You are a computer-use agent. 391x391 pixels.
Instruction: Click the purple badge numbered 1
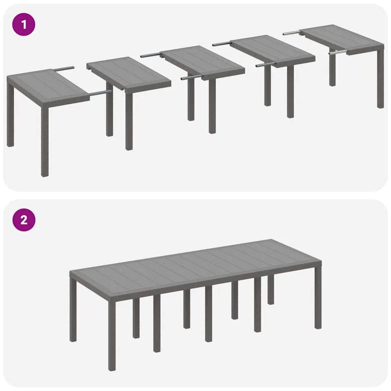24,25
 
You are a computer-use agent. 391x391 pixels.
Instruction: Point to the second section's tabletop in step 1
128,73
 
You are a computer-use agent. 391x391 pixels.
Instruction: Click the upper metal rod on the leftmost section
63,69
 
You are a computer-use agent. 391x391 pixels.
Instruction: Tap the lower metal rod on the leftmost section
100,92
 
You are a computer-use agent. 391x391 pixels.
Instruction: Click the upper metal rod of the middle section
150,55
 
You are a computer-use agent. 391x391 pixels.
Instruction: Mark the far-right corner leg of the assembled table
318,298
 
